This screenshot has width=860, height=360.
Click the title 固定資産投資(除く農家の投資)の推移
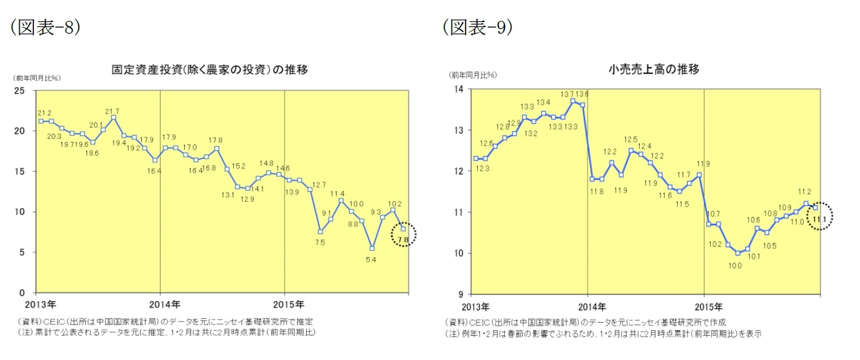point(210,70)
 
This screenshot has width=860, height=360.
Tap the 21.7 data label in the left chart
point(112,111)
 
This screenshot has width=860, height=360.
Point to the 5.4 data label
point(371,259)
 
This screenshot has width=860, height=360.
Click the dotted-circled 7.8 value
point(403,240)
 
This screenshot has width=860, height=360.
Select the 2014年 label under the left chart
point(160,305)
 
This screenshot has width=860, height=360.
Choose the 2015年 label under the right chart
point(704,307)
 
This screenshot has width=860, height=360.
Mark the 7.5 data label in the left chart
point(319,242)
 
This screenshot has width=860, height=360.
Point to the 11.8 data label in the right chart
point(592,191)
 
